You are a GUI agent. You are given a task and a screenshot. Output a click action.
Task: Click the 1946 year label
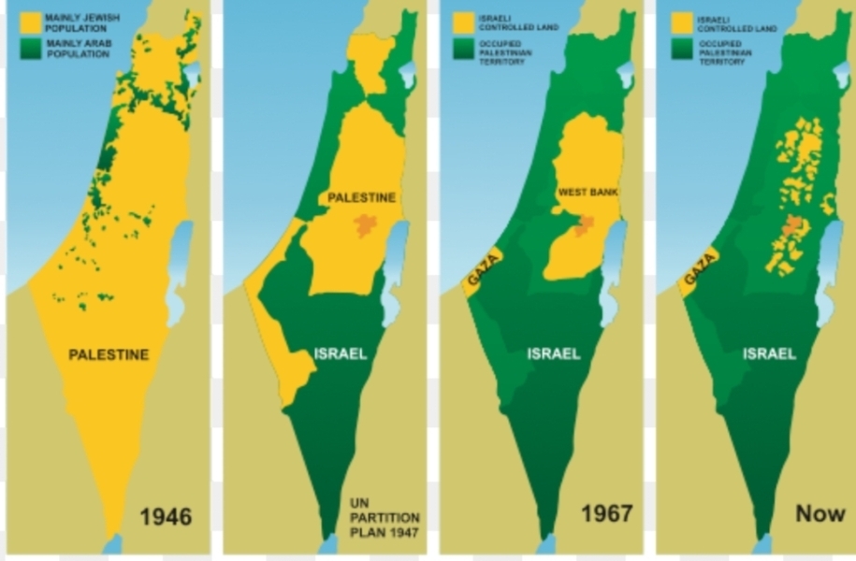(166, 515)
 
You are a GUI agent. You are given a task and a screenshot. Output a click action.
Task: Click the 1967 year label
(606, 513)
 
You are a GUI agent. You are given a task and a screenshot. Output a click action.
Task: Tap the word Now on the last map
(820, 513)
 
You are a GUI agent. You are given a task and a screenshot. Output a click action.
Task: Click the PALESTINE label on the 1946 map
(109, 354)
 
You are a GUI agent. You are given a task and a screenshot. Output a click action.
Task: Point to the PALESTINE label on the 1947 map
(361, 197)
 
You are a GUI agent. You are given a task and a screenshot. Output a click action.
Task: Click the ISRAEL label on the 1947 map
(340, 354)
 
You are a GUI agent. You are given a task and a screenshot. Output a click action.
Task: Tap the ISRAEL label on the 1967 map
(554, 354)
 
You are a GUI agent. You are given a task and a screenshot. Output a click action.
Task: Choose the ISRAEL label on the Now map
(770, 354)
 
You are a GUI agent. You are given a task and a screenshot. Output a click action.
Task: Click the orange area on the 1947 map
(365, 224)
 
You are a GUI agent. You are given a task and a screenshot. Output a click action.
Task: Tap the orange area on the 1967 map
(584, 224)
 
